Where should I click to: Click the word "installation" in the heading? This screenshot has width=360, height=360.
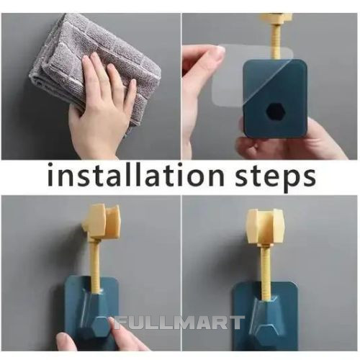tap(135, 174)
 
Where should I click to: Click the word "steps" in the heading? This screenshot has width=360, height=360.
tap(275, 178)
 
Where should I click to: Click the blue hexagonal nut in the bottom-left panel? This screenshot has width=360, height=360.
tap(99, 326)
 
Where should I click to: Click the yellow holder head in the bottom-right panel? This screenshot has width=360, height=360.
tap(266, 225)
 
